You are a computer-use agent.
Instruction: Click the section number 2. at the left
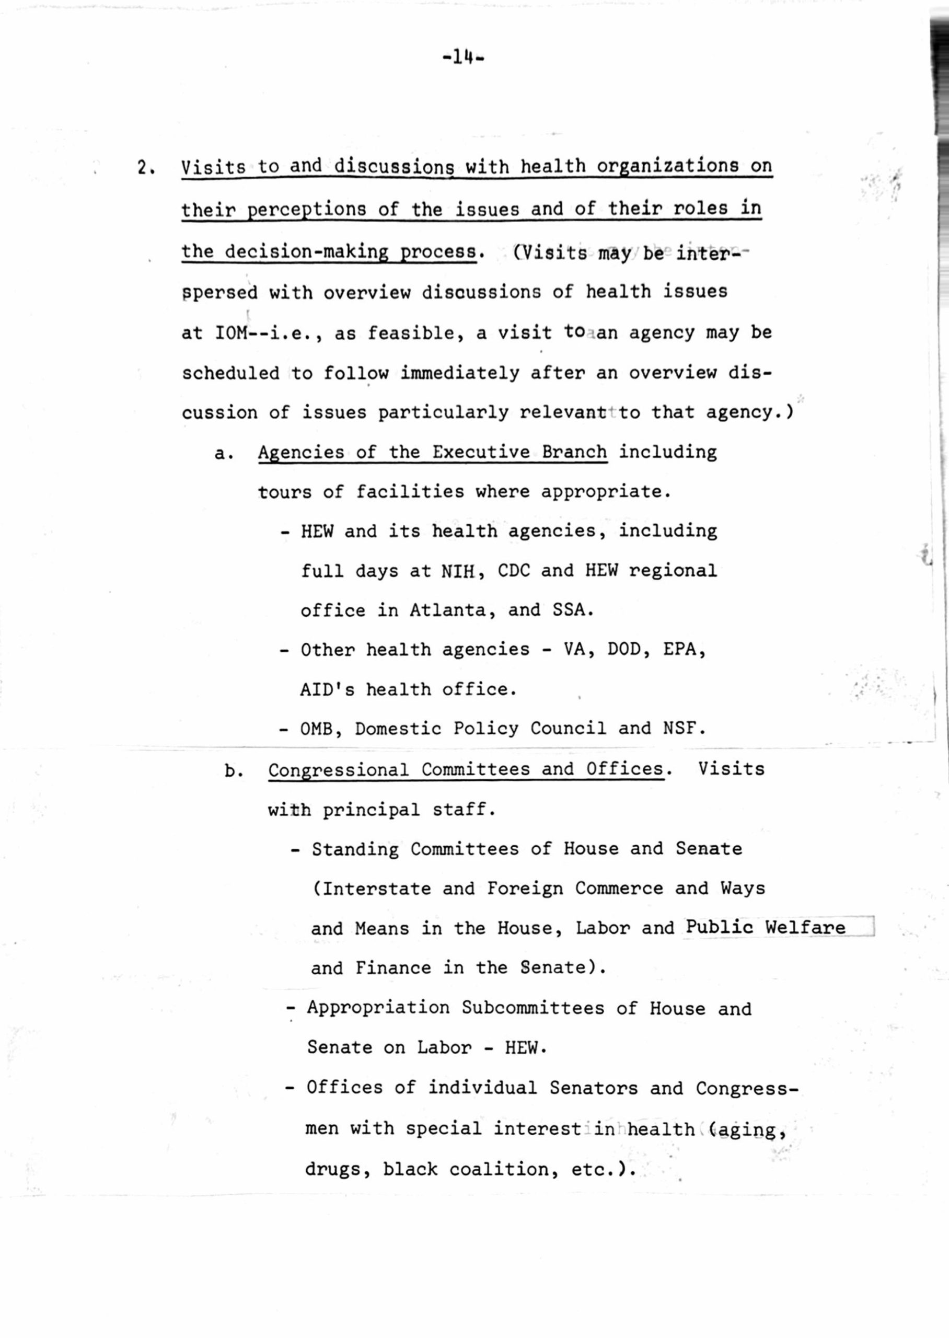[x=145, y=168]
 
